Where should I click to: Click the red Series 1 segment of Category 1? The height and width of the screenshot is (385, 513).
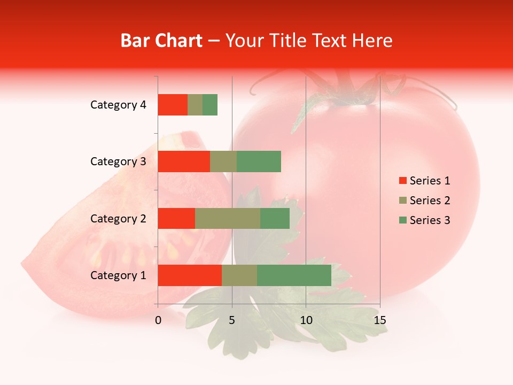pyautogui.click(x=190, y=275)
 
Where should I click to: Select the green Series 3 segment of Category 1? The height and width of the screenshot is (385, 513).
pyautogui.click(x=294, y=275)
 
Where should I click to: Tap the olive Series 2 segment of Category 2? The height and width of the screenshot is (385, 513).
pyautogui.click(x=228, y=218)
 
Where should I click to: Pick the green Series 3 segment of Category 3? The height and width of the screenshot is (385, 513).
pyautogui.click(x=259, y=161)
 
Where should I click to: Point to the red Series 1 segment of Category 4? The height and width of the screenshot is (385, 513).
pyautogui.click(x=173, y=105)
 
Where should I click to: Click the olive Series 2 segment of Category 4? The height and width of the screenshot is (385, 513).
pyautogui.click(x=195, y=105)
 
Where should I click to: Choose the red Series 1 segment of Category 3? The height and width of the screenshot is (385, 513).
pyautogui.click(x=184, y=161)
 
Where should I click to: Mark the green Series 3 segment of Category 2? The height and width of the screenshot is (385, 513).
pyautogui.click(x=275, y=218)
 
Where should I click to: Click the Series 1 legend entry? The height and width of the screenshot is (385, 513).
pyautogui.click(x=424, y=181)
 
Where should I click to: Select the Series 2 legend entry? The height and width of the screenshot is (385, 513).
pyautogui.click(x=424, y=201)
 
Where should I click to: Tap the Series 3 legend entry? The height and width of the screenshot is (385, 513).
pyautogui.click(x=424, y=220)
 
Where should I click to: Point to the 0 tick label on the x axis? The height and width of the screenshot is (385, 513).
pyautogui.click(x=158, y=320)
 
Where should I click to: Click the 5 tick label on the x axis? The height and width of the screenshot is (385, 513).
pyautogui.click(x=232, y=320)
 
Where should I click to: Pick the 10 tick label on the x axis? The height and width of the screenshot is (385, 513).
pyautogui.click(x=306, y=320)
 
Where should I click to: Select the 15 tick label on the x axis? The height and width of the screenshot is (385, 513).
pyautogui.click(x=380, y=320)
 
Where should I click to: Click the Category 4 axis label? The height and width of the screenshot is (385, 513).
pyautogui.click(x=118, y=105)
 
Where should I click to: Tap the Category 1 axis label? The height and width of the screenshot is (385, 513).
pyautogui.click(x=118, y=275)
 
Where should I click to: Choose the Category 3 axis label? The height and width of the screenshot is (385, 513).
pyautogui.click(x=118, y=161)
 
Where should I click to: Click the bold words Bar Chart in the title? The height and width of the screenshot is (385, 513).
pyautogui.click(x=161, y=41)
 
